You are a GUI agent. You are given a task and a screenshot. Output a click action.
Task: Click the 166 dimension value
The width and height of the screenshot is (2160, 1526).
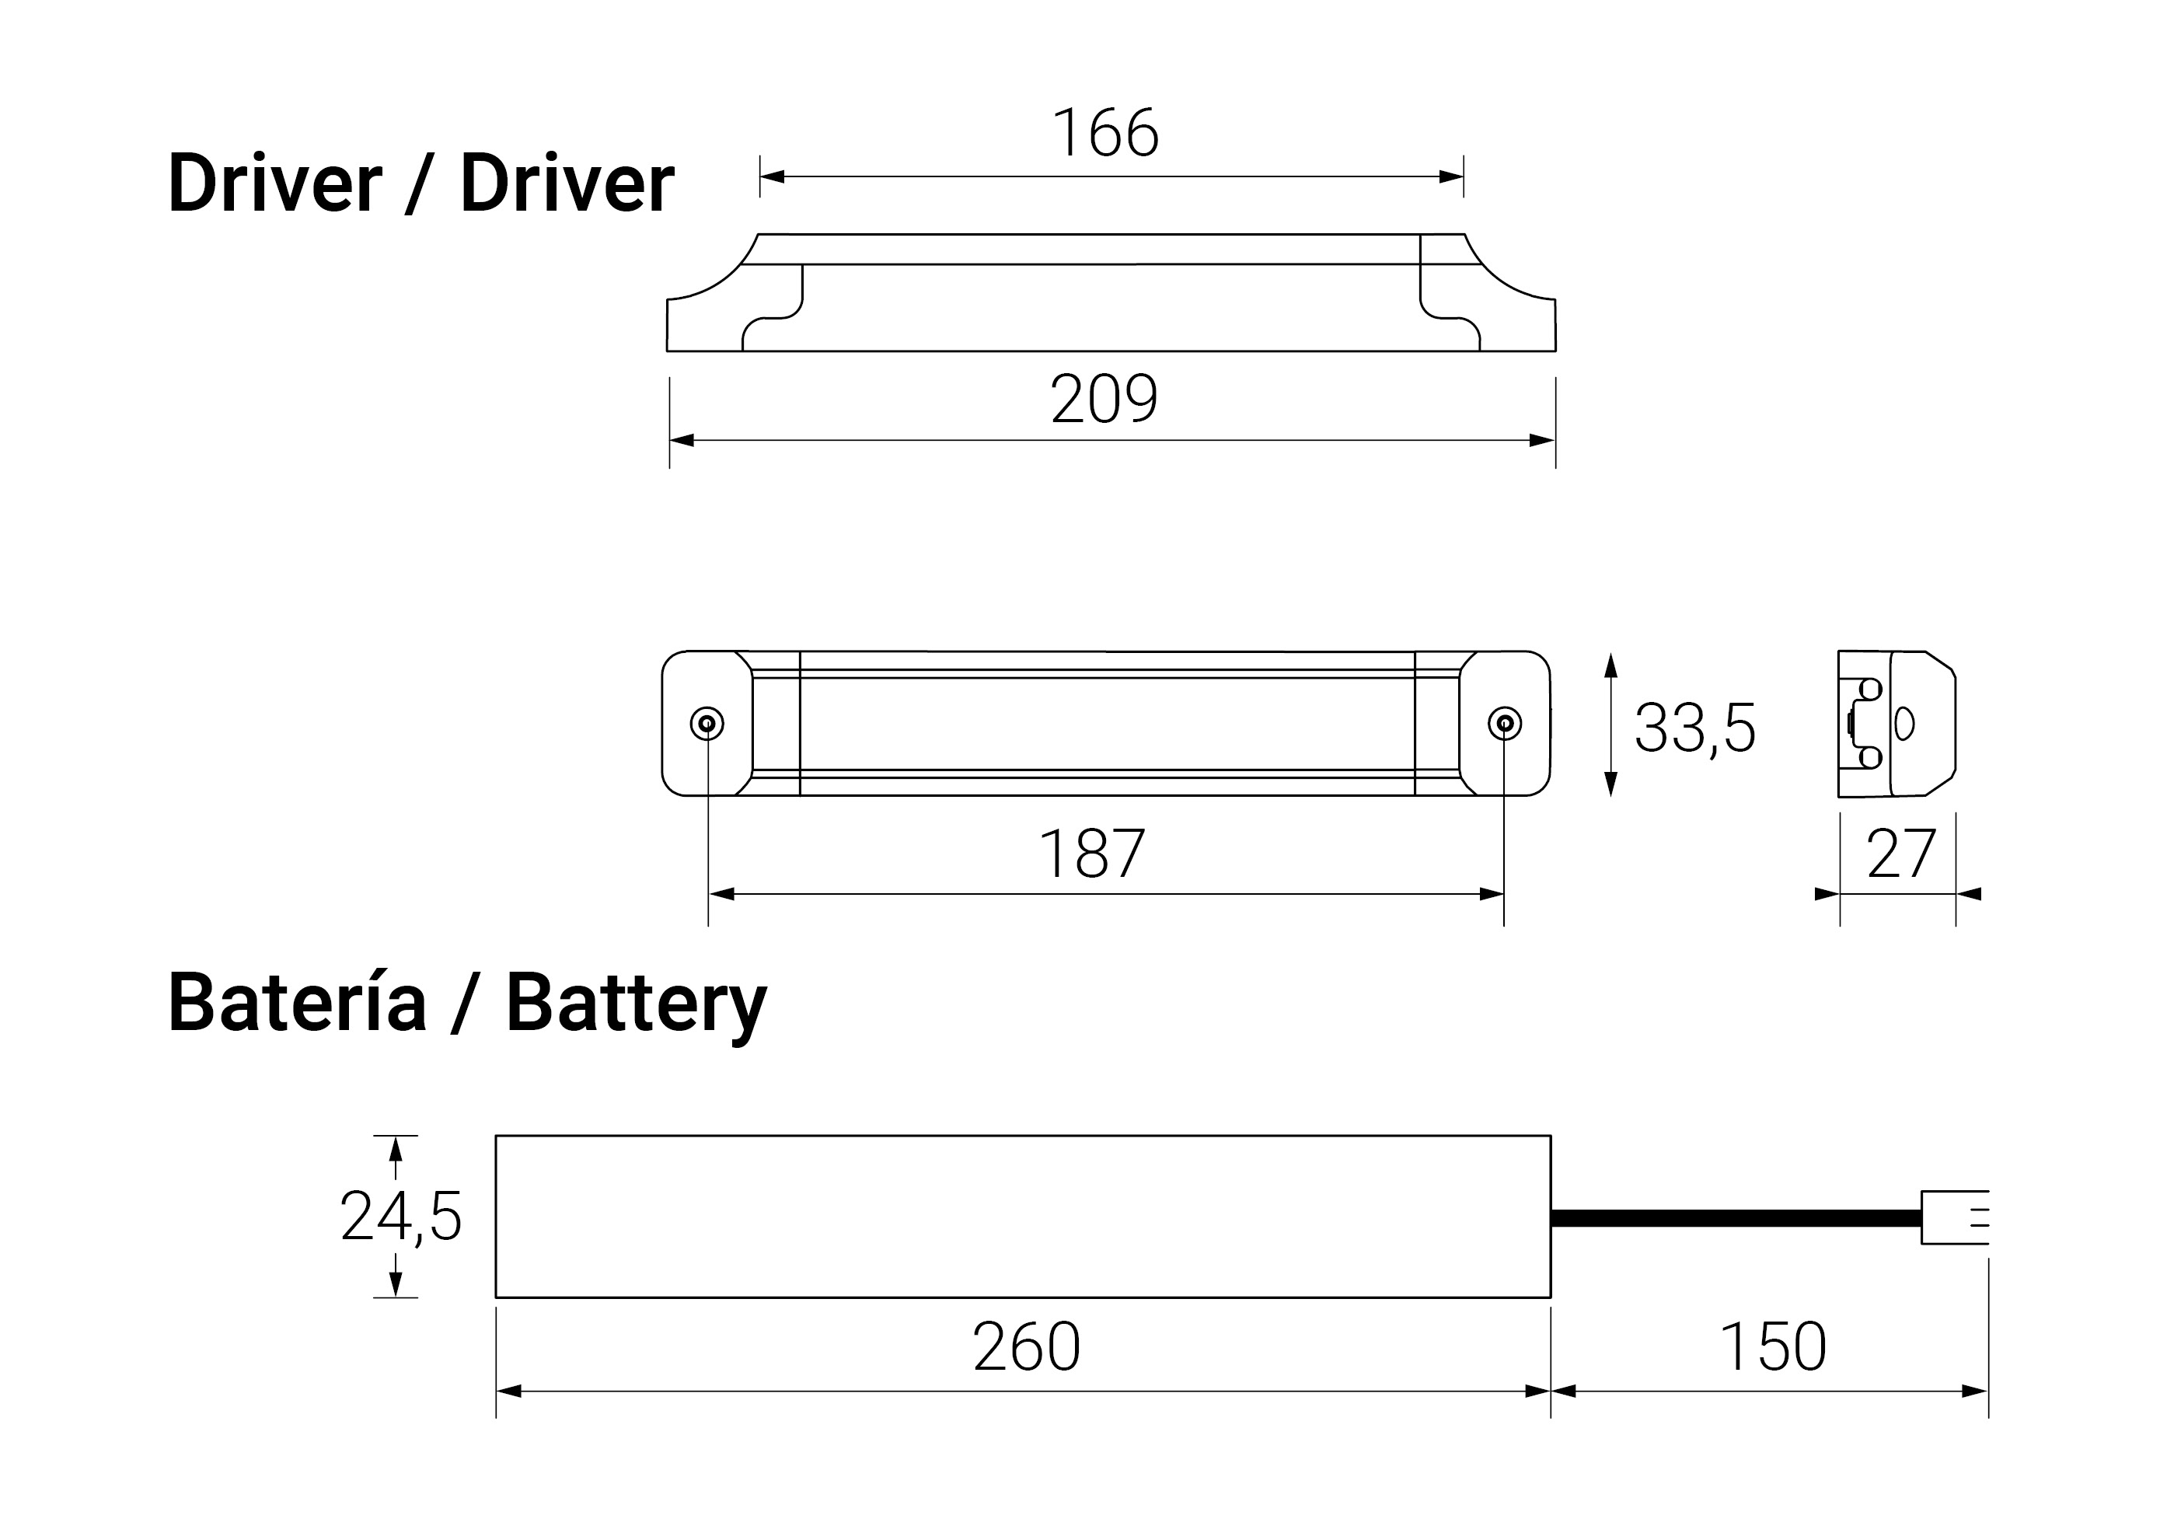1105,134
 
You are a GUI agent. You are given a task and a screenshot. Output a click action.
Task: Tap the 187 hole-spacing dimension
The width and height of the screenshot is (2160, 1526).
1092,854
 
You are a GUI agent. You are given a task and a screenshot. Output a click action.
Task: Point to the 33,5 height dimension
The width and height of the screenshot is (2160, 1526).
1694,728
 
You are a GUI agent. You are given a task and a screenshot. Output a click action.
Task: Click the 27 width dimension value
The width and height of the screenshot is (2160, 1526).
1901,854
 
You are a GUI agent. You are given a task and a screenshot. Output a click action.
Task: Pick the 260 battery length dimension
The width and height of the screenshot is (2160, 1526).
1027,1347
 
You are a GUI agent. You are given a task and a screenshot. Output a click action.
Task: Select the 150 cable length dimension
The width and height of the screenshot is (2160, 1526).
1772,1347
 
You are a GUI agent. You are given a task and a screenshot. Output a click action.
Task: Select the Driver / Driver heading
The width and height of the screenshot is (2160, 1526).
420,183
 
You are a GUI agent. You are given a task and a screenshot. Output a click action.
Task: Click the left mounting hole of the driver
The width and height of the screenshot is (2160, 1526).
707,725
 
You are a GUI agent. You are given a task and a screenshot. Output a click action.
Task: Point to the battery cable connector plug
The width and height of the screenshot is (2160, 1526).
1953,1217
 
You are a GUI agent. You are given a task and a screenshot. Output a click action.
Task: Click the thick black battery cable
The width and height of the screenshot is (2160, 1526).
1735,1218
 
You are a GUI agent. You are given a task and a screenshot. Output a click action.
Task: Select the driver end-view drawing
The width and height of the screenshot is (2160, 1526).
1897,724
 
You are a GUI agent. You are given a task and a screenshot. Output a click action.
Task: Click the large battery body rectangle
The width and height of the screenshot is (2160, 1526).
1023,1217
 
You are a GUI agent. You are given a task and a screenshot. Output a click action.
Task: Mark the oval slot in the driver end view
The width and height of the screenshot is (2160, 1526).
1904,724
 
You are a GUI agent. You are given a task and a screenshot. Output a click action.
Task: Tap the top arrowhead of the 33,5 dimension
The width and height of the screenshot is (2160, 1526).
1610,665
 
